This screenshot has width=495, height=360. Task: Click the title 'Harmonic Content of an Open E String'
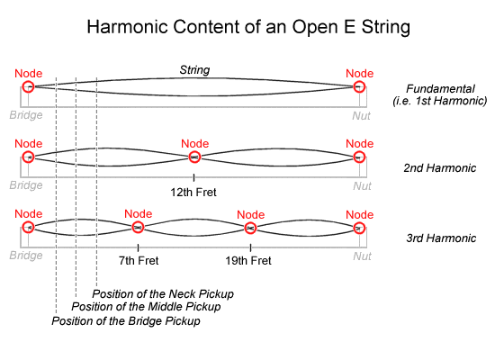click(x=248, y=27)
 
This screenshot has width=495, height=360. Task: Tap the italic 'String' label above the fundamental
click(x=194, y=70)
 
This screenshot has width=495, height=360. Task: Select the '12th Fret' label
click(x=193, y=193)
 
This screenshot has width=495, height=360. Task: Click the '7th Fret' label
click(x=139, y=260)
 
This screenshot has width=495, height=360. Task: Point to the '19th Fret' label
click(x=248, y=260)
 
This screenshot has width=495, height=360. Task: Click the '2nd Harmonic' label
click(x=440, y=168)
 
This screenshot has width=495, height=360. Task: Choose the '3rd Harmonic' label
click(x=441, y=238)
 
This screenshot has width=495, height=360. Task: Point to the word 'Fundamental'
click(x=440, y=89)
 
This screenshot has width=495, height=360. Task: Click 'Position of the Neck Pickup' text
click(x=163, y=294)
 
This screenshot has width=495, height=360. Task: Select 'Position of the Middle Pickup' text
click(x=146, y=307)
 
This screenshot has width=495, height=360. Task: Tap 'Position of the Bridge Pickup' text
click(x=126, y=320)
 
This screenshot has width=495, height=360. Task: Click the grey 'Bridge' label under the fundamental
click(x=26, y=115)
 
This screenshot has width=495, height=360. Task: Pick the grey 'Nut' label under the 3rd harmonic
click(x=362, y=256)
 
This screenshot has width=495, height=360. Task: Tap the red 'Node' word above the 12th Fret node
click(x=194, y=144)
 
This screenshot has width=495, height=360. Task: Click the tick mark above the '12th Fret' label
click(x=193, y=178)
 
